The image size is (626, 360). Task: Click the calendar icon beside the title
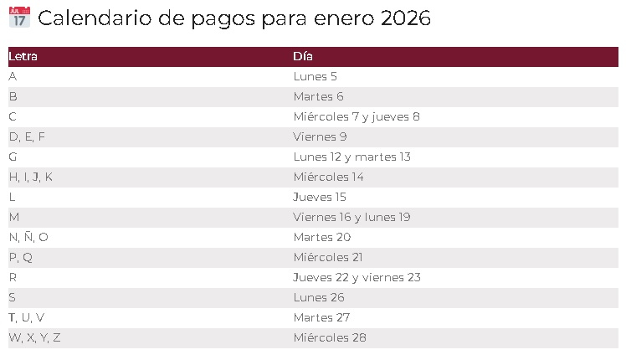coord(19,18)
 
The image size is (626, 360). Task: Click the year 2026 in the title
coord(405,18)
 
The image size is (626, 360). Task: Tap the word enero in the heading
coord(343,18)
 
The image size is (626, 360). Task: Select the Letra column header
coord(23,57)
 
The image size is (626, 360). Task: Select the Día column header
coord(303,57)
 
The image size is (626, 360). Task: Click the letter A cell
coord(13,76)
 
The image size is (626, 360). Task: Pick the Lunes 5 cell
coord(316,76)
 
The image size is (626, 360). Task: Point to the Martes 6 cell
coord(318,96)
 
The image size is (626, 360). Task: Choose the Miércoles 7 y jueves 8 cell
coord(357,116)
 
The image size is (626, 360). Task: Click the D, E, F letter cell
coord(27,136)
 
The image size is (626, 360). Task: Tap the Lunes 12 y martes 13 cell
coord(351,157)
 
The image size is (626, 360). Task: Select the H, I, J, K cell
coord(31,177)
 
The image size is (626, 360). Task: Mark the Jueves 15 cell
coord(320,197)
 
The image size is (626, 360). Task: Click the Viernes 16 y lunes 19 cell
coord(351,217)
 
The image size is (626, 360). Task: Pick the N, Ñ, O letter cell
coord(28,237)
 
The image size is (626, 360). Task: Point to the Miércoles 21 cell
coord(328,257)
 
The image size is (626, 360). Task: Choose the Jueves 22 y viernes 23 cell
coord(357,277)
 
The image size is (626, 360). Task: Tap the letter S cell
coord(13,297)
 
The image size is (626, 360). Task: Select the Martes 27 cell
coord(321,317)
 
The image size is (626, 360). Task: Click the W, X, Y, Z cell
coord(34,337)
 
